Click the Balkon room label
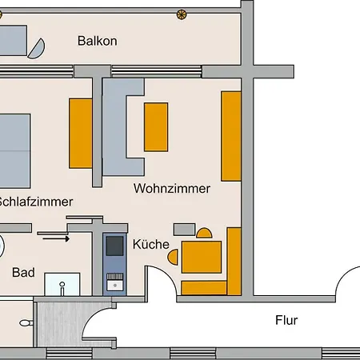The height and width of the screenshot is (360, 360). tap(98, 41)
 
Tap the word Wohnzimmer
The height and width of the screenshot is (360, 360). tap(172, 190)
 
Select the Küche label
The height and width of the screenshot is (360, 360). tap(150, 245)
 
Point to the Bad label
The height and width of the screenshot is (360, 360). tap(23, 273)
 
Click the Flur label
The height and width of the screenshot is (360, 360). tap(286, 321)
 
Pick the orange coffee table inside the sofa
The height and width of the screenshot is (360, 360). tap(156, 127)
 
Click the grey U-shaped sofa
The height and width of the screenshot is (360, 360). tap(120, 128)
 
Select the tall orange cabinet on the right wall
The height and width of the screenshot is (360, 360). tap(231, 135)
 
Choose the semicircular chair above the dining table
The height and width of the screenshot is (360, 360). tap(204, 234)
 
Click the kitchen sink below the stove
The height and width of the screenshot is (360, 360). tap(114, 280)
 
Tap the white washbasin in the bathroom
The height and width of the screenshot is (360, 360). tap(62, 284)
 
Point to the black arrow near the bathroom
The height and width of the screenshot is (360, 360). tap(54, 237)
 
